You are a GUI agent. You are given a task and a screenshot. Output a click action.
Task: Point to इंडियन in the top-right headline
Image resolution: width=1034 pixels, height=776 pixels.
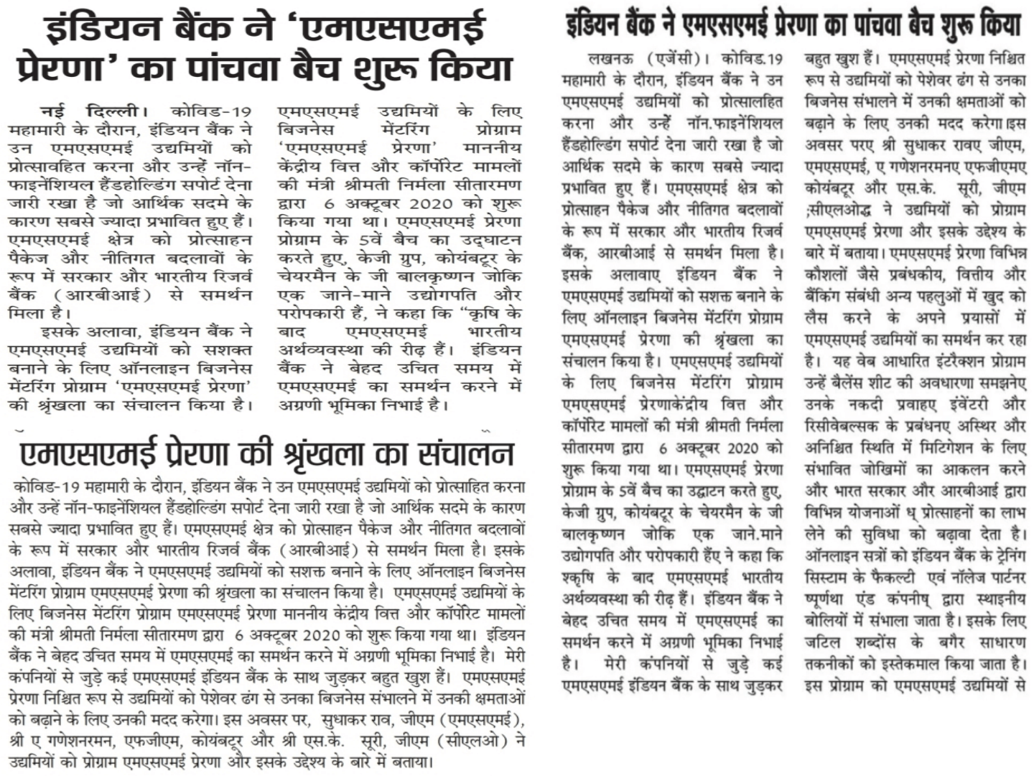click(x=597, y=26)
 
